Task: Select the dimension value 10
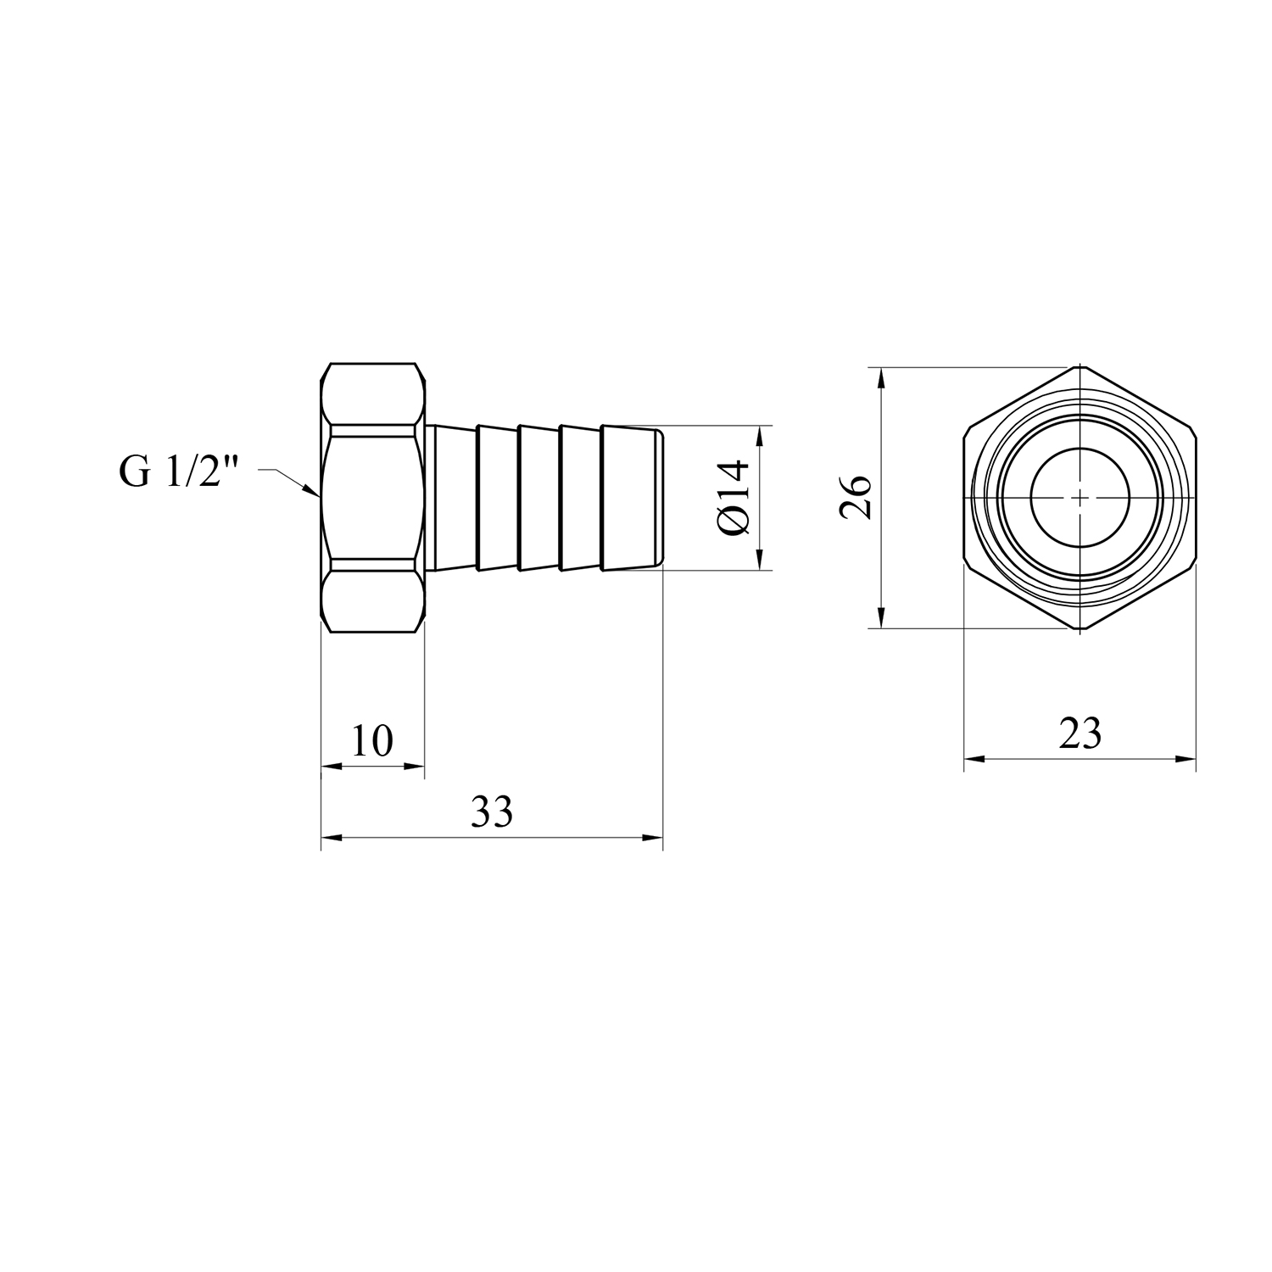(372, 741)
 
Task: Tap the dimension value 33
(492, 812)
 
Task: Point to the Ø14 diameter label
(734, 497)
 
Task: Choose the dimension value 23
(1080, 734)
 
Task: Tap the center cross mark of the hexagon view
(1080, 497)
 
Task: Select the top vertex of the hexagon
(1080, 366)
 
